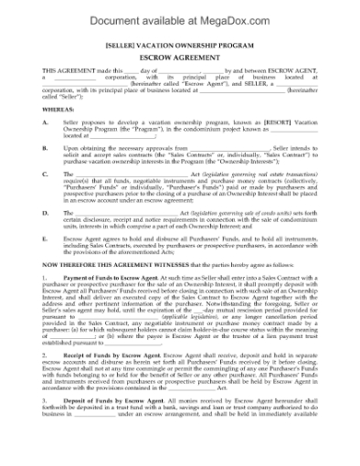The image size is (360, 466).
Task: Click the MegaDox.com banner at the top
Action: (180, 13)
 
